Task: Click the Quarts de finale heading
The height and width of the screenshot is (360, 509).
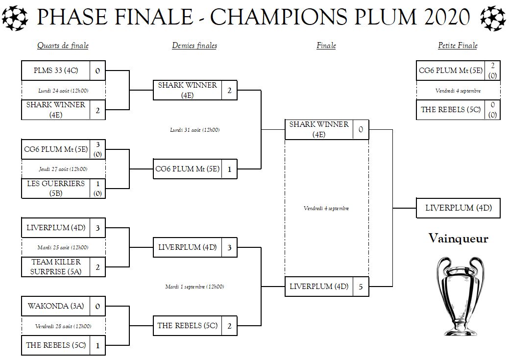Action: point(63,46)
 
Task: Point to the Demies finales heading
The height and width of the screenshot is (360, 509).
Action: point(194,46)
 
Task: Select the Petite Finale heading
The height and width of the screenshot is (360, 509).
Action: point(458,46)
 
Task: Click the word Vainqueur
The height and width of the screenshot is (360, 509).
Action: point(458,239)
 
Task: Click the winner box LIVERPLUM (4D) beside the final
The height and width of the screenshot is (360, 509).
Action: point(458,208)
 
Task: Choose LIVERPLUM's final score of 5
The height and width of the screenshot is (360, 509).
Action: point(361,287)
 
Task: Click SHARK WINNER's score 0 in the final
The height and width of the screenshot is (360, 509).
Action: point(361,130)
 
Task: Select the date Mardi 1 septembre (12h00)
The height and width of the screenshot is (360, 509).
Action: point(194,287)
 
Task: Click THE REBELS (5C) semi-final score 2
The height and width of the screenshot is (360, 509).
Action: point(229,326)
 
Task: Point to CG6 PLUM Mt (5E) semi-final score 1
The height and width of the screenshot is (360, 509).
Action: point(229,169)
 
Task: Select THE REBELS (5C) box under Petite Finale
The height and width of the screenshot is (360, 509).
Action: point(451,110)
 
